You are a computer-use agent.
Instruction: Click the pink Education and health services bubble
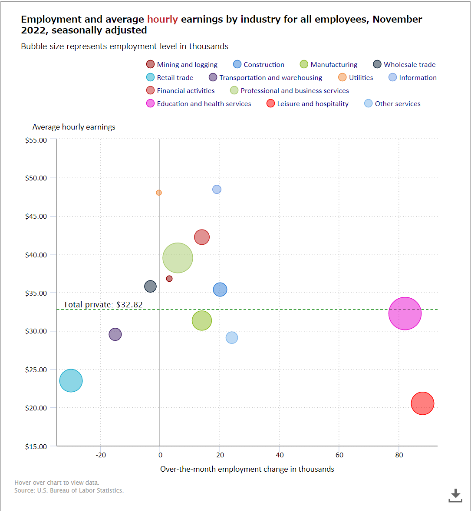[x=405, y=313]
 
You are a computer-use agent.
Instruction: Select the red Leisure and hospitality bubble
[x=422, y=403]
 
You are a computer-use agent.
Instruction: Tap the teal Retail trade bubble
[x=71, y=380]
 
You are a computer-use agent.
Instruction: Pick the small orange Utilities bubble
[x=159, y=193]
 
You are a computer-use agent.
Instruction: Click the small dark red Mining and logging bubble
[x=169, y=278]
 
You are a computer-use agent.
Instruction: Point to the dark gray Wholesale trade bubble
[x=150, y=286]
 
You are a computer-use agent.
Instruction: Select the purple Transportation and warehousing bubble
[x=115, y=334]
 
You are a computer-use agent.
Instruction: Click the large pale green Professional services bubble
[x=178, y=258]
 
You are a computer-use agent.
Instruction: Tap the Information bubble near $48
[x=217, y=190]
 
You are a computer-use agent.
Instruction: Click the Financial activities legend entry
[x=185, y=90]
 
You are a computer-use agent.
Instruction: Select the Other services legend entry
[x=397, y=103]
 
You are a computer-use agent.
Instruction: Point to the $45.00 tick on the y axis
[x=36, y=216]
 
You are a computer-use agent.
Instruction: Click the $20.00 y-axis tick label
[x=36, y=408]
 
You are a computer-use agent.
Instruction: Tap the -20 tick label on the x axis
[x=101, y=455]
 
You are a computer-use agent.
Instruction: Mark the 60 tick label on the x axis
[x=339, y=455]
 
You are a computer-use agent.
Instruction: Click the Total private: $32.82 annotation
[x=103, y=304]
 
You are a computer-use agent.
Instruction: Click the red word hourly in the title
[x=162, y=19]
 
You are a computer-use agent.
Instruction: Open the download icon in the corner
[x=455, y=495]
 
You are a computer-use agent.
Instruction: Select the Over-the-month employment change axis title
[x=247, y=469]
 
